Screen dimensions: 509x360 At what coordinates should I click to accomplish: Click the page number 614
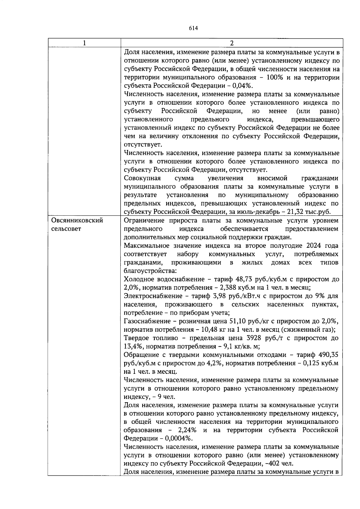[x=193, y=28]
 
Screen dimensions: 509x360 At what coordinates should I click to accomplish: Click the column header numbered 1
[x=84, y=43]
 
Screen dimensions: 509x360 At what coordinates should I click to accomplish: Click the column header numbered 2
[x=232, y=43]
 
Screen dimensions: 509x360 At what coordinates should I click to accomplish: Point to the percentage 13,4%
[x=133, y=346]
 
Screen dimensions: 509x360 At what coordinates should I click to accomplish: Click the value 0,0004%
[x=176, y=439]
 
